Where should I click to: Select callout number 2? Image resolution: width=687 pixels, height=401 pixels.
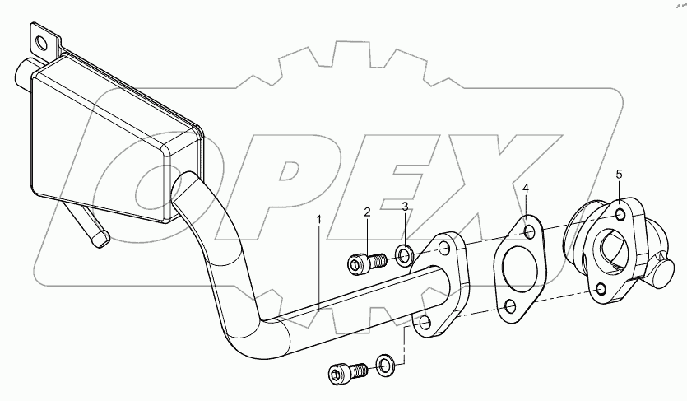368,212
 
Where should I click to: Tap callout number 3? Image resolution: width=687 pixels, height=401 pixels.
405,207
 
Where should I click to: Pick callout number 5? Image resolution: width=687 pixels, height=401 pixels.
620,174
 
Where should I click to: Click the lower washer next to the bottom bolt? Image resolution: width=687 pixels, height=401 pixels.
384,363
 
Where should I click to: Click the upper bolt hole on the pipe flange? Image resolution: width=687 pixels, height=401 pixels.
443,248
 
